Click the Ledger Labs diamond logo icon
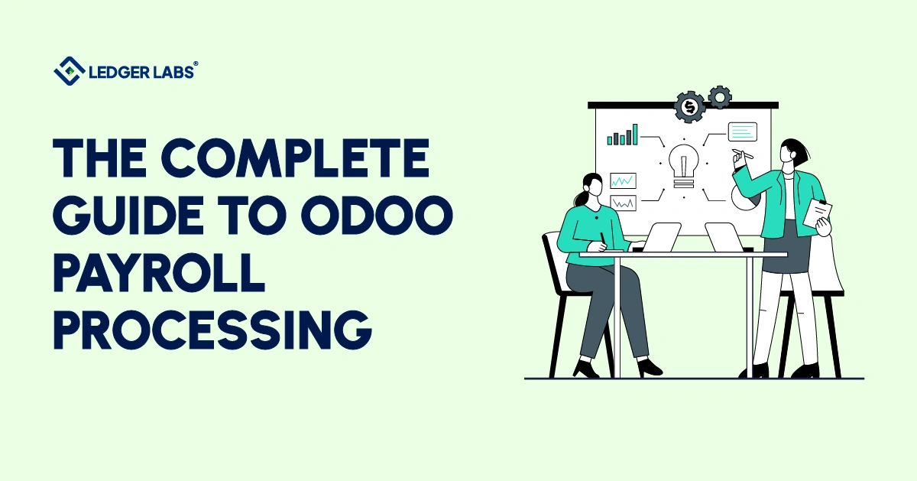click(69, 70)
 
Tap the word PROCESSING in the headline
click(212, 328)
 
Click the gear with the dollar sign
click(691, 106)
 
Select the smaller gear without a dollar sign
click(719, 97)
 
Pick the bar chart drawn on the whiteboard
click(622, 136)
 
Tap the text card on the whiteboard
click(742, 132)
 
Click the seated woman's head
click(593, 188)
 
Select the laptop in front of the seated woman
click(662, 237)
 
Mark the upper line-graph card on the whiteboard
click(623, 181)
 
